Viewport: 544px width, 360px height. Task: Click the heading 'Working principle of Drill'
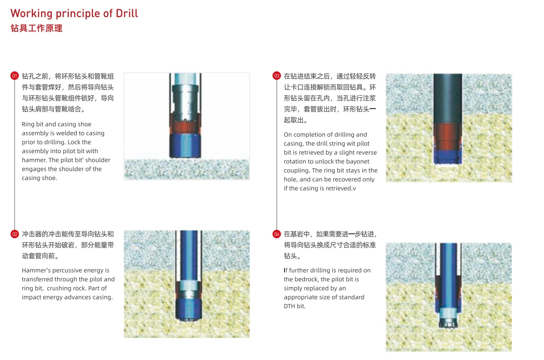[74, 14]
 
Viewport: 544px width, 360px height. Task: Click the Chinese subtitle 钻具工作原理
[37, 28]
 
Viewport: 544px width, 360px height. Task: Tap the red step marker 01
[15, 76]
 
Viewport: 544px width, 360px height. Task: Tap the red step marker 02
[15, 234]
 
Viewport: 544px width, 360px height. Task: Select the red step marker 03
[277, 76]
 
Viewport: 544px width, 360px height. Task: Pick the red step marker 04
[277, 234]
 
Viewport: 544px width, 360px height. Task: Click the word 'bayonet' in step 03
[358, 161]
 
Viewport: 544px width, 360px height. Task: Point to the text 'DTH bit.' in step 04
[295, 306]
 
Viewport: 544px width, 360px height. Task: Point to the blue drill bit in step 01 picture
[185, 145]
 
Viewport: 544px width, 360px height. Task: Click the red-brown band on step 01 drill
[185, 127]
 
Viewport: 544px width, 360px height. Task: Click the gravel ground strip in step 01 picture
[187, 169]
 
